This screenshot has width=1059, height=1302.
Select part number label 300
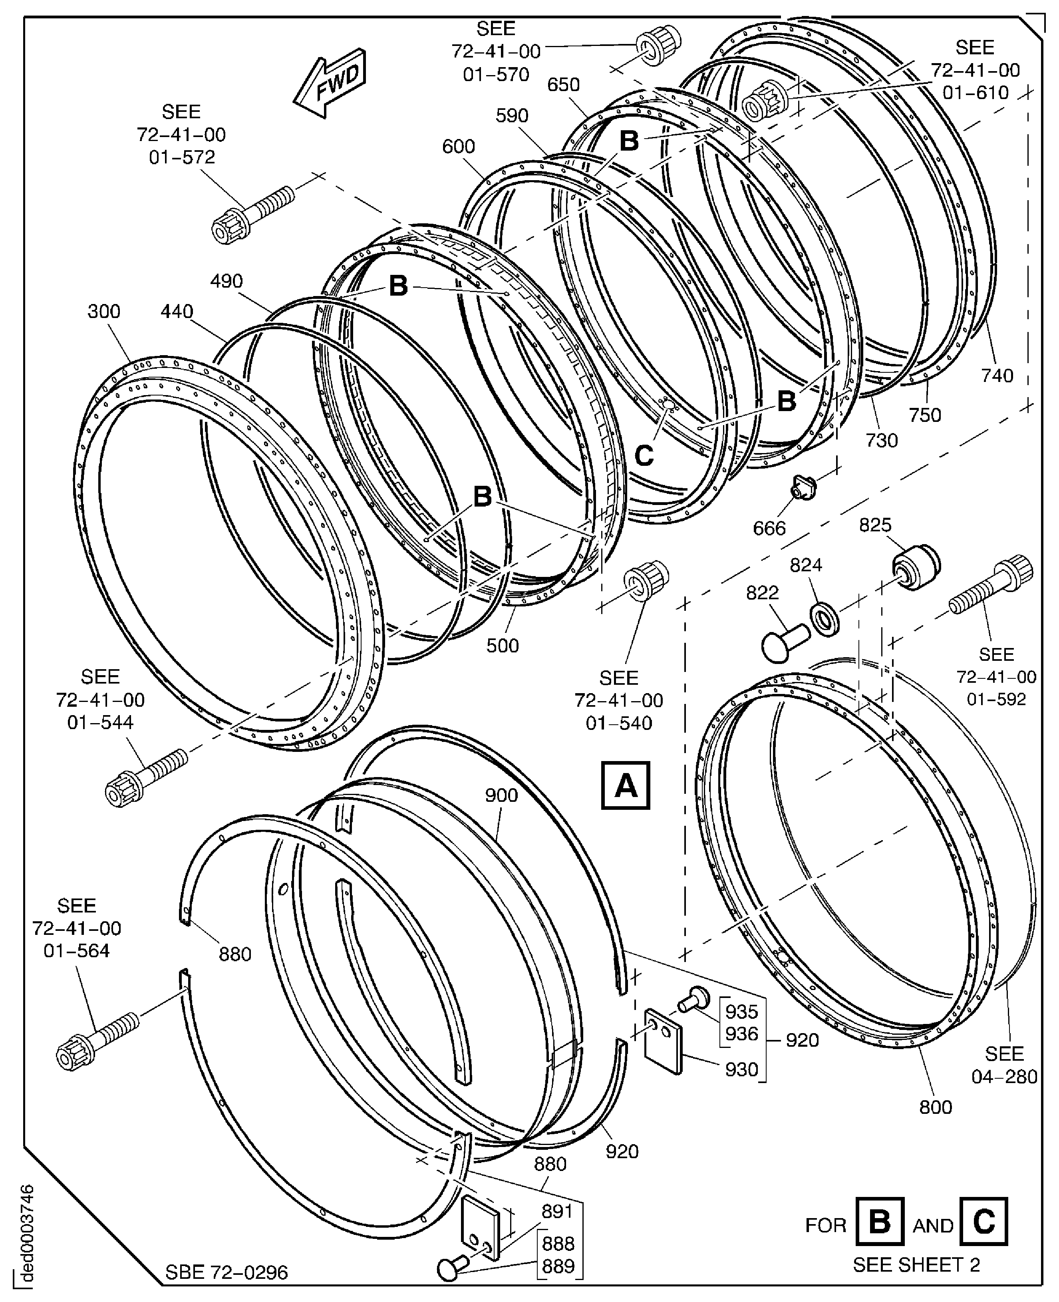click(x=104, y=311)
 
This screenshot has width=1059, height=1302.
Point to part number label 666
click(x=769, y=528)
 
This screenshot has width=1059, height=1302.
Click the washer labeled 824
click(x=825, y=619)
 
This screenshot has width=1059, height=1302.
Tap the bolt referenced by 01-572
click(x=252, y=213)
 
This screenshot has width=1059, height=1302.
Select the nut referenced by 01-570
click(x=658, y=46)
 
